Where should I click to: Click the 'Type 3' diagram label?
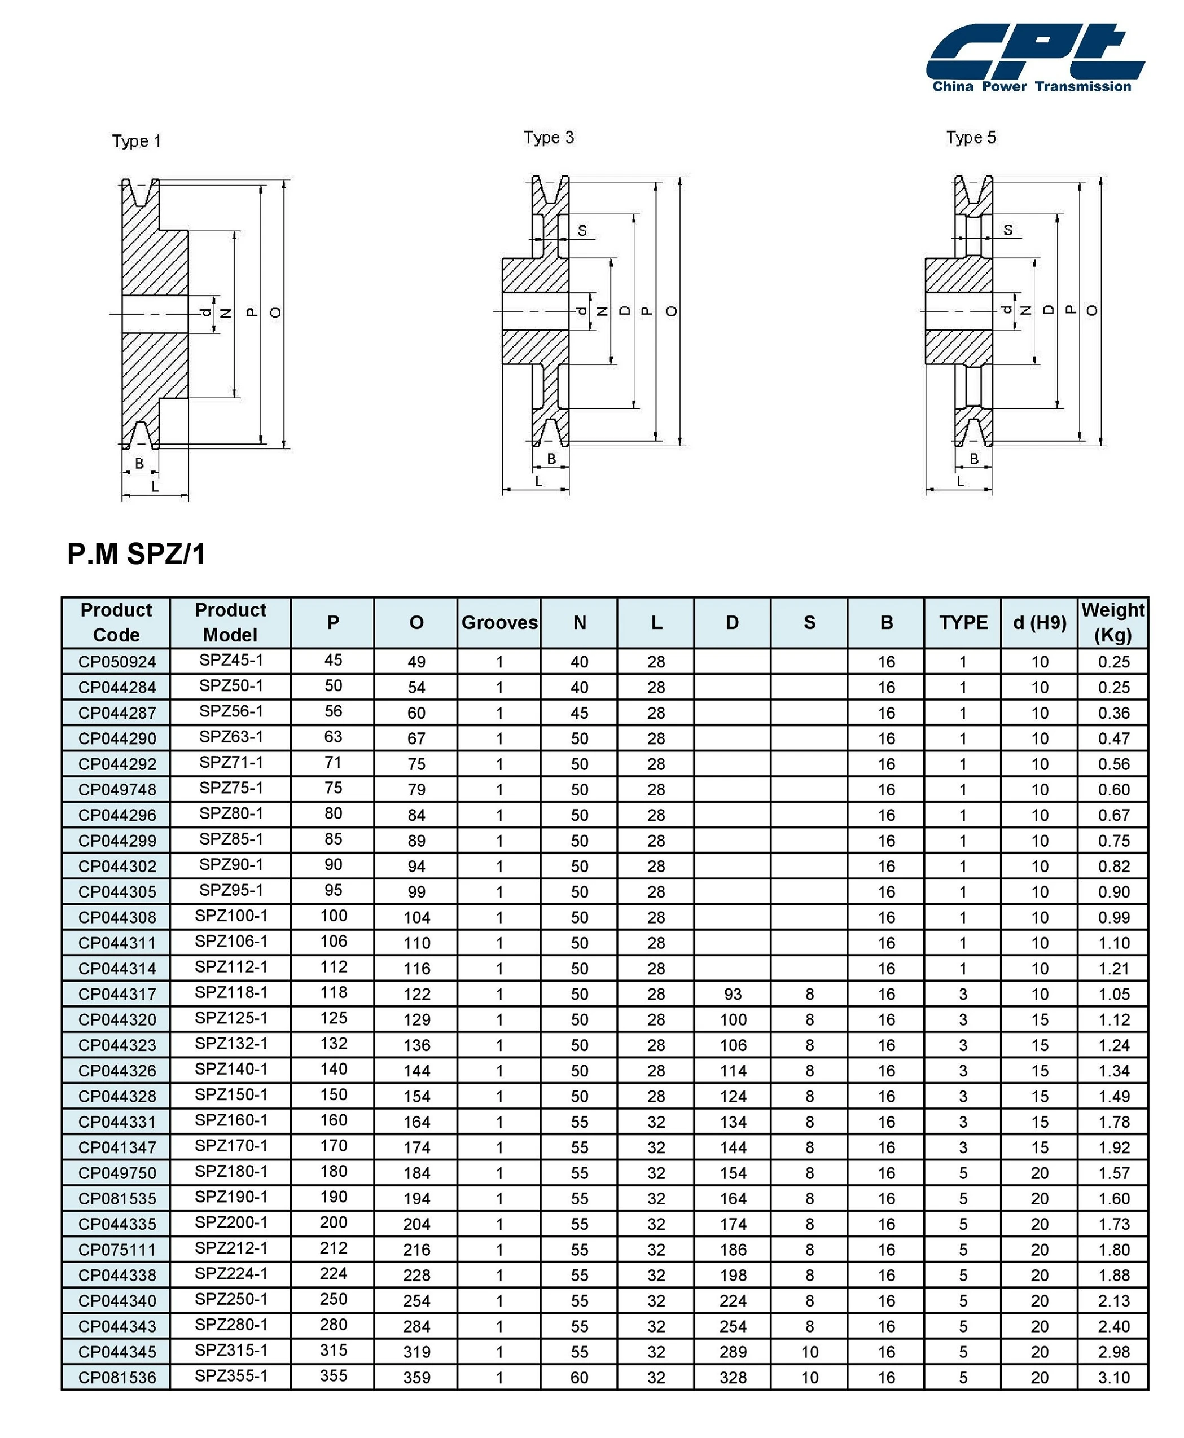549,138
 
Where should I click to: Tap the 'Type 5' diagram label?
971,138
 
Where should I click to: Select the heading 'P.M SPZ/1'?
137,553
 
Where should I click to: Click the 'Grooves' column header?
499,622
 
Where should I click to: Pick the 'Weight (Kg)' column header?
1112,622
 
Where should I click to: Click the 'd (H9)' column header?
1039,622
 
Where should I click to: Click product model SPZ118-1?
231,993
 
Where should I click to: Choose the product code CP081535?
117,1199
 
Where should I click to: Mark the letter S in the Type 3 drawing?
582,231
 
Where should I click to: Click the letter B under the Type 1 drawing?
139,464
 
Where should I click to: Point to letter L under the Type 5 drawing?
961,481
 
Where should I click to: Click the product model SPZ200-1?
231,1222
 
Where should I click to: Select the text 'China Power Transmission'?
1031,86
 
